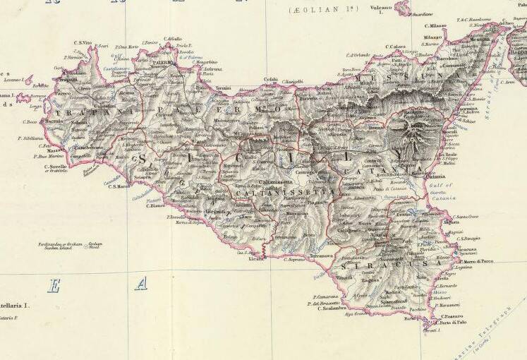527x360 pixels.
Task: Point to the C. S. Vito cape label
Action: point(83,44)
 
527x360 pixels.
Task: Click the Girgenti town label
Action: point(216,212)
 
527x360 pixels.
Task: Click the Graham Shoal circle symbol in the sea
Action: point(87,247)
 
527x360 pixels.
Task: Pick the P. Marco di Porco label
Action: point(475,262)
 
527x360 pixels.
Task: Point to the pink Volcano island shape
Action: point(403,7)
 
